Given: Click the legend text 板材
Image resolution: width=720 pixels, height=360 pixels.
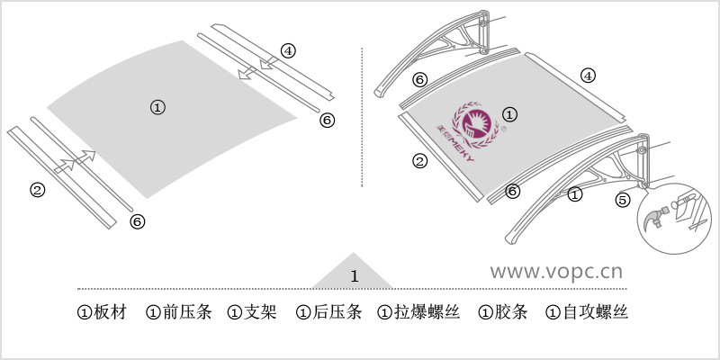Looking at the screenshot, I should (x=110, y=313).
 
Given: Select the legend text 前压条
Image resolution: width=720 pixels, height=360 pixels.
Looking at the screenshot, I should (x=186, y=313).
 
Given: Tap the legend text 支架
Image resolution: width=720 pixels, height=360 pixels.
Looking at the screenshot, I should (x=260, y=313).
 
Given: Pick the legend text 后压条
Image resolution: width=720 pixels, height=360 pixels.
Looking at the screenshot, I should (x=337, y=313).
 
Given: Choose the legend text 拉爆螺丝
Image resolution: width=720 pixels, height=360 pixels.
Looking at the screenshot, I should (x=427, y=313).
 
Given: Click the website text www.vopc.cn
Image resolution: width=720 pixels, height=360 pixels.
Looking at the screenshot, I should (x=556, y=270).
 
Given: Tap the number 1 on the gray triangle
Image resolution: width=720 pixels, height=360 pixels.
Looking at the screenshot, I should (x=354, y=275).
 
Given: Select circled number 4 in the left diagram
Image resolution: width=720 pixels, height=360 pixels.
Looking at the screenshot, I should (x=287, y=50).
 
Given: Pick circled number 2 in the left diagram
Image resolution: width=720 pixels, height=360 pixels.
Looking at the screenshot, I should (x=37, y=189).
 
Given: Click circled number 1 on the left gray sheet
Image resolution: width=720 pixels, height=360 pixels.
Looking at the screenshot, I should (x=157, y=107).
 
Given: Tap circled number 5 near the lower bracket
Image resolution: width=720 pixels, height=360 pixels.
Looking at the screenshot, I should (x=623, y=200).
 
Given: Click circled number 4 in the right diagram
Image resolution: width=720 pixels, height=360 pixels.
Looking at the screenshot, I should (x=588, y=76).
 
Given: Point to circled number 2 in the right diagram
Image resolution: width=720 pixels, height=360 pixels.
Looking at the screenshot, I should (x=419, y=162).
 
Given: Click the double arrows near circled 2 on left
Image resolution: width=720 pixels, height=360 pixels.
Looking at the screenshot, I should (x=75, y=160).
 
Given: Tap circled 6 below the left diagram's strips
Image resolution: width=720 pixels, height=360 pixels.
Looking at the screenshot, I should (x=137, y=220).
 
